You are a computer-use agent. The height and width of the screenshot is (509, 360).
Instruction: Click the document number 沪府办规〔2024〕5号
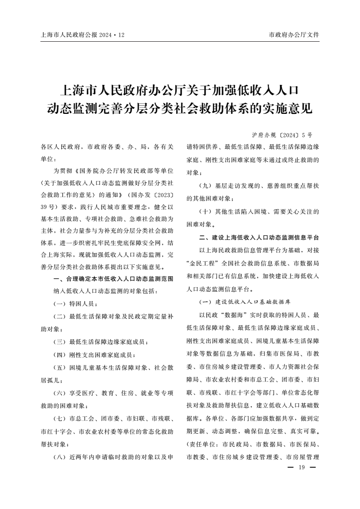pyautogui.click(x=282, y=135)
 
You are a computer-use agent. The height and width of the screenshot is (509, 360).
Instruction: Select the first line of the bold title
pyautogui.click(x=180, y=89)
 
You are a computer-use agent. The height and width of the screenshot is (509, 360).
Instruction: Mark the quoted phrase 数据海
pyautogui.click(x=227, y=314)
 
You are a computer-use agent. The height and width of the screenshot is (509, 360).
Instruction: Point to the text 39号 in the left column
pyautogui.click(x=49, y=206)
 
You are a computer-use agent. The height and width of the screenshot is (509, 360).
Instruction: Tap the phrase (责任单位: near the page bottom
pyautogui.click(x=203, y=444)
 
